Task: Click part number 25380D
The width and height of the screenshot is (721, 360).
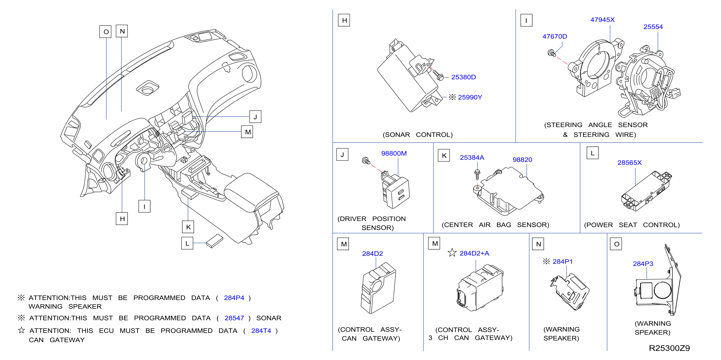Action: [x=463, y=77]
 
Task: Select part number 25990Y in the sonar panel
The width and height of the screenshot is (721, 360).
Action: [x=470, y=97]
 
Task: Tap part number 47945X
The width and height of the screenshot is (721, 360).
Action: [x=602, y=20]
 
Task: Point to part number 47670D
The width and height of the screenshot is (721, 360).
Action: [x=554, y=37]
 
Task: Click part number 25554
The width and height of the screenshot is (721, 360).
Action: [x=653, y=27]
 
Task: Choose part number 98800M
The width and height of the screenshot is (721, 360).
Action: [x=394, y=154]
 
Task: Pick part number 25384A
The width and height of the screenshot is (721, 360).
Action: [x=472, y=158]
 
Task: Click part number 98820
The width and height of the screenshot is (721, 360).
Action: [x=522, y=160]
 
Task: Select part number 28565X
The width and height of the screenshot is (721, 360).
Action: [x=629, y=163]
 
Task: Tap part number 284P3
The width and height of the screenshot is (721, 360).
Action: [x=643, y=264]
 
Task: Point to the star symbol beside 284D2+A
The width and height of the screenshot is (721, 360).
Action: [x=452, y=253]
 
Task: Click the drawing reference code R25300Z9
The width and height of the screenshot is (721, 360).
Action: [x=669, y=348]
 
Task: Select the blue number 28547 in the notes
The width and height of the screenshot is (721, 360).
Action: [x=234, y=318]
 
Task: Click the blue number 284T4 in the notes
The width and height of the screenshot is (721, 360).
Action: [x=261, y=331]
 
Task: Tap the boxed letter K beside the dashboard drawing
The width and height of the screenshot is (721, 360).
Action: [x=188, y=227]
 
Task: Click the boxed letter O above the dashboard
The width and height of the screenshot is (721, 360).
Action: [x=106, y=32]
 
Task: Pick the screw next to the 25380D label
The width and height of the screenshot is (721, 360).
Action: [x=438, y=75]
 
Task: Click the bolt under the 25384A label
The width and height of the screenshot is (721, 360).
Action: [x=478, y=175]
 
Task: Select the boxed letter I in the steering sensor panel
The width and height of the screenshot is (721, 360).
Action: [x=526, y=20]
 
